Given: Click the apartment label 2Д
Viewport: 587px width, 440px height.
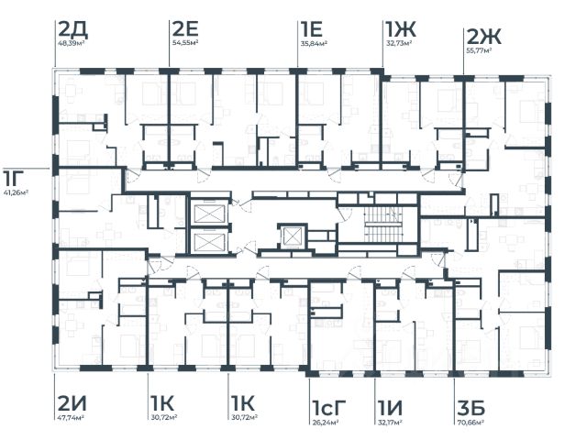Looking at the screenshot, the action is point(73,29).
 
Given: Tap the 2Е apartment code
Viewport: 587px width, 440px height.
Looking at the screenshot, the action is point(185,28).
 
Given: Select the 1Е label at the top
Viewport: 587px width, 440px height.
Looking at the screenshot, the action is point(311,29).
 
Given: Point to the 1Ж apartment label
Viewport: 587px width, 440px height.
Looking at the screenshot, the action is point(400,29).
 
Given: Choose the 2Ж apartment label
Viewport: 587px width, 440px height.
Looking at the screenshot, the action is point(483,37).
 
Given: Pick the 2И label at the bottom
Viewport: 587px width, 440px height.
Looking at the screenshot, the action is point(72,403).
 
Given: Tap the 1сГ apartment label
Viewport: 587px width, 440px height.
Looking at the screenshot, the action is point(328,408).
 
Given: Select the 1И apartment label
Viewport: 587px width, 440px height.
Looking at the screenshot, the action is point(390,408).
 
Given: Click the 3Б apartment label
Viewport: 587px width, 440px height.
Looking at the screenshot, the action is point(471,408).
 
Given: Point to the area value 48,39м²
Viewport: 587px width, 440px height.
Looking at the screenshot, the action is point(72,43).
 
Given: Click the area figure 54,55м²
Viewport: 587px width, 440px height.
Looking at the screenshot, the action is point(185,42).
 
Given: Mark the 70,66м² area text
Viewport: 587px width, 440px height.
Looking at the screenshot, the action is point(471,422).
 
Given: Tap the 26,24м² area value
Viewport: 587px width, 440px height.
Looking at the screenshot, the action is point(326,422).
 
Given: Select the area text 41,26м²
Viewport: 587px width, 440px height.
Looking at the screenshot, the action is point(17,193).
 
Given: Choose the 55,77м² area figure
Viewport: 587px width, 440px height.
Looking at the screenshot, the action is point(479,49).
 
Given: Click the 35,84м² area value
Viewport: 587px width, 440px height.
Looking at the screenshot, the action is point(314,43).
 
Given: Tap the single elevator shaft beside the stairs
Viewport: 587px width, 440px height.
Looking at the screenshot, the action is point(292,236).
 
